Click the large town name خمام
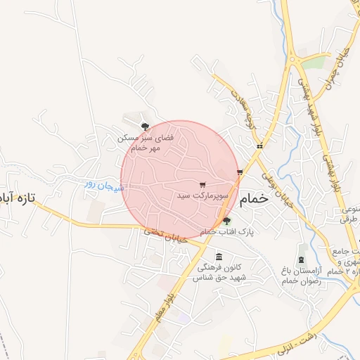(255, 200)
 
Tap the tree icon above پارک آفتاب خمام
(226, 221)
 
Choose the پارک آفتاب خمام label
(226, 231)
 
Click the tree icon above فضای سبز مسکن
(145, 127)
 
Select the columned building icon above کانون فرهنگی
(219, 256)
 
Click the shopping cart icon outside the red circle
(240, 172)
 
